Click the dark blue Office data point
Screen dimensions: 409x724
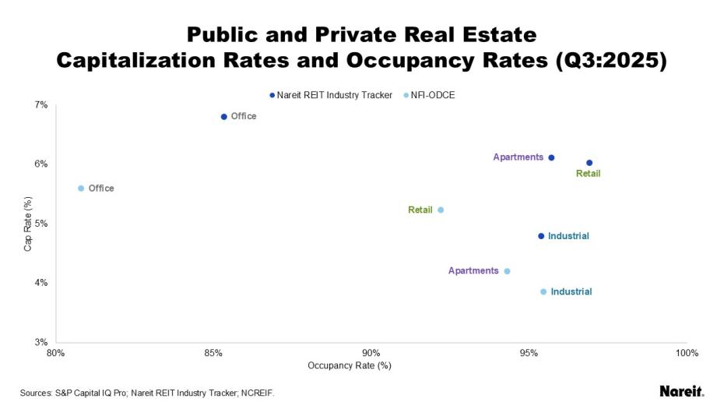tap(224, 117)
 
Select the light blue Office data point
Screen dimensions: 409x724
tap(81, 189)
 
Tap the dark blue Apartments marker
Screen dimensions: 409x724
tap(551, 157)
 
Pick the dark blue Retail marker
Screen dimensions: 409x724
tap(589, 163)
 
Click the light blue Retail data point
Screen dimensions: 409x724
tap(441, 210)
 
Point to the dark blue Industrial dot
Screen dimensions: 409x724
tap(541, 236)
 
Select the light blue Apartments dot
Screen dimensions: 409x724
tap(507, 271)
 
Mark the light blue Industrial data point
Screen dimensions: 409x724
tap(543, 291)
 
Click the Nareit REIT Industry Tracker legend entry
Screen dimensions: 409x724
tap(330, 95)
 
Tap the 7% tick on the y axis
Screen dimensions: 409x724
tap(40, 105)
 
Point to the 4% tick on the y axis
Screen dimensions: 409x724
tap(40, 283)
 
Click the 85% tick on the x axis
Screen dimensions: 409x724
tap(213, 353)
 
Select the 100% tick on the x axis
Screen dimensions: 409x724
tap(687, 353)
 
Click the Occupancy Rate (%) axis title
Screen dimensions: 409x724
tap(350, 365)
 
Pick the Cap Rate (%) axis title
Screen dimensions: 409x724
tap(28, 224)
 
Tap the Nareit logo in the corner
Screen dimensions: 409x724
tap(681, 391)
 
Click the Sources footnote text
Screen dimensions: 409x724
tap(147, 393)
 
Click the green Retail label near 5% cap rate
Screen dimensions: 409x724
tap(420, 210)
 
